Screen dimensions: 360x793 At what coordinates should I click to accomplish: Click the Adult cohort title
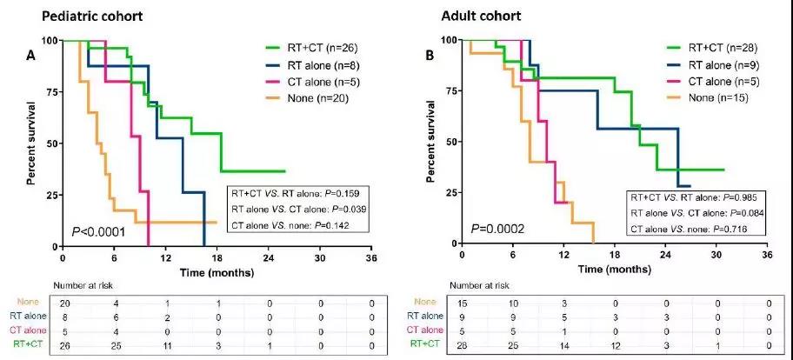click(x=476, y=15)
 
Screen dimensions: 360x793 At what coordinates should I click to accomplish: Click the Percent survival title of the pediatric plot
click(x=31, y=143)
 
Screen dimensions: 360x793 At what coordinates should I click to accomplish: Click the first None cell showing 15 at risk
click(x=463, y=303)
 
